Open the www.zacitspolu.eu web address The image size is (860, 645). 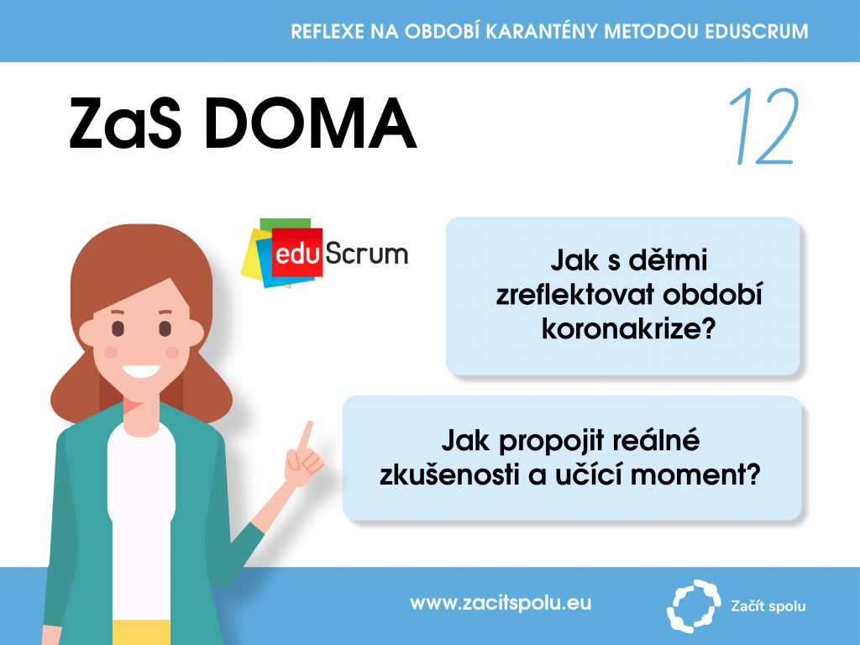pos(501,603)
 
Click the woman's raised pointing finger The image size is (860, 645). pos(305,436)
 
